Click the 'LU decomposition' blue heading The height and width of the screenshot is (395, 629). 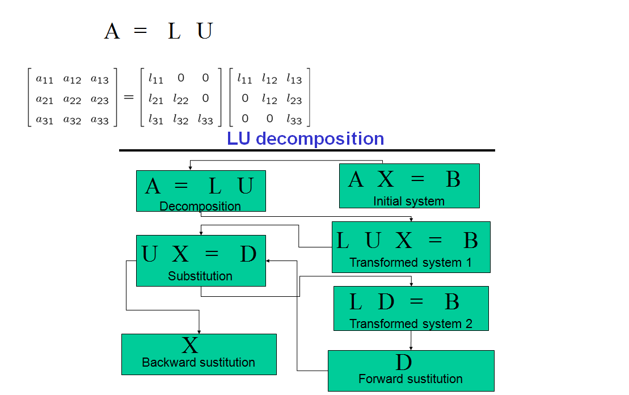click(305, 139)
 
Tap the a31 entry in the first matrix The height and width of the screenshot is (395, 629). click(45, 119)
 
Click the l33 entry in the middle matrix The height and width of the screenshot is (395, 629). click(205, 119)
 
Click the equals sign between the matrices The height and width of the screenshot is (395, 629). click(129, 98)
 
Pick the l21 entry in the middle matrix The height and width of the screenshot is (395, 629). click(156, 99)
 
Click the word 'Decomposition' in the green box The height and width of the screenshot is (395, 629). click(200, 206)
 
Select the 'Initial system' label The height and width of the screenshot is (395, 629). click(408, 201)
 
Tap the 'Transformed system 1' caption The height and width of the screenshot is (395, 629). click(411, 263)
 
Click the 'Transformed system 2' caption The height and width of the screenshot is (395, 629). click(411, 324)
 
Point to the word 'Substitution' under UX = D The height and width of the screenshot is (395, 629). click(200, 276)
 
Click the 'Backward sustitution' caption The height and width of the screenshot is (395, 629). click(199, 363)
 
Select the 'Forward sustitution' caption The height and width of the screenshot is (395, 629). click(411, 379)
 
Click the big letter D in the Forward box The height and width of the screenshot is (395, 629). click(403, 362)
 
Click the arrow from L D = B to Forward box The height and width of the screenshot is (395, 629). click(411, 340)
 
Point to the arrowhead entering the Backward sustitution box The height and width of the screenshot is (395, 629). click(199, 331)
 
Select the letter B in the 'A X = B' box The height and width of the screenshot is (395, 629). click(453, 179)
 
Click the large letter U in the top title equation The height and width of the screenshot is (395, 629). click(205, 31)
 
